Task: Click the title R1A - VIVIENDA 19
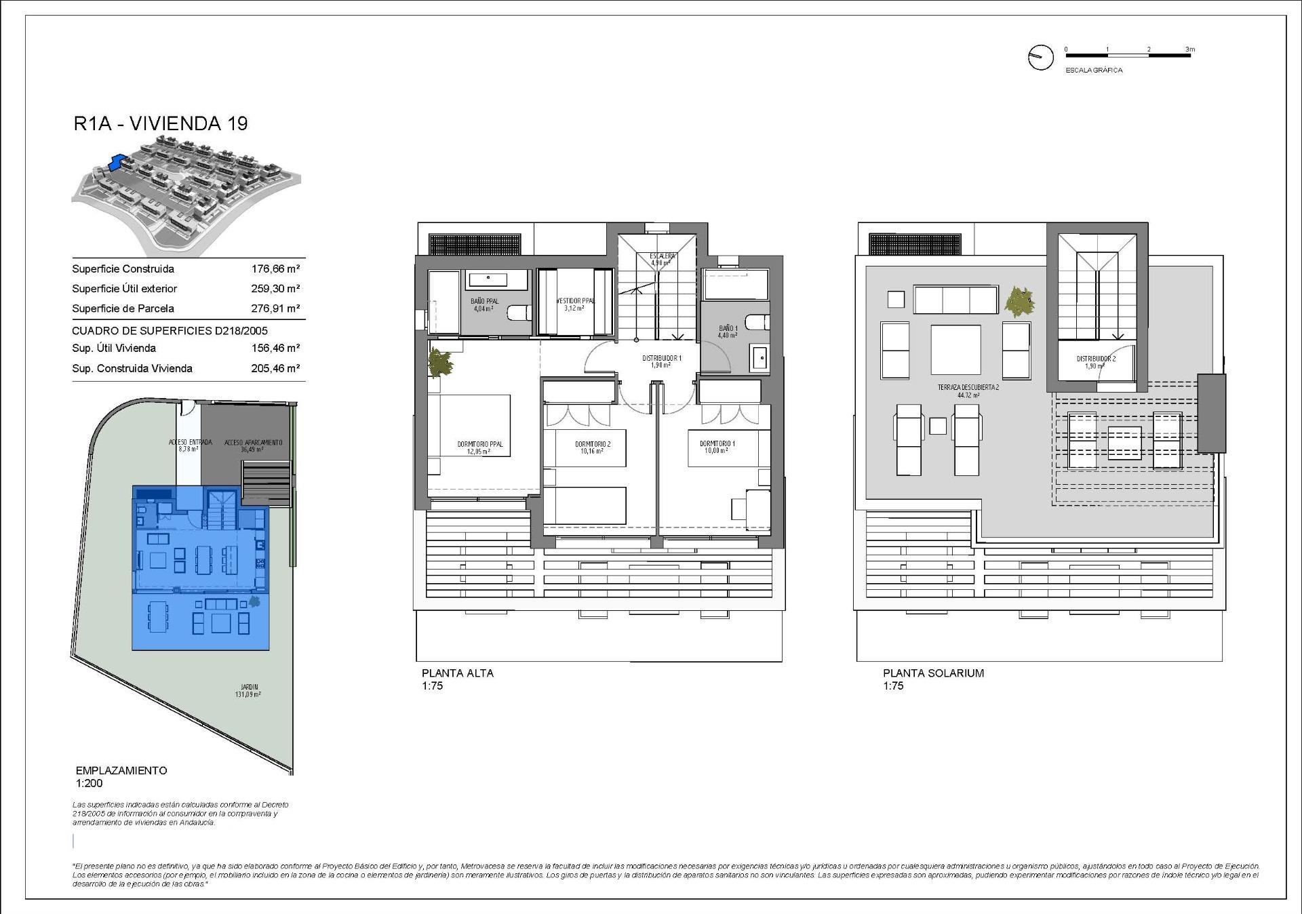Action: (161, 123)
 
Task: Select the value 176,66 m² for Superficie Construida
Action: (275, 269)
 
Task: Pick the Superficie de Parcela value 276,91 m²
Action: (275, 309)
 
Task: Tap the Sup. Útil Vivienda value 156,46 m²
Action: (275, 349)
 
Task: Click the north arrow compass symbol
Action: (1040, 58)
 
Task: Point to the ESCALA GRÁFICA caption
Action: (1094, 71)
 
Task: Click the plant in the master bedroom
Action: (441, 363)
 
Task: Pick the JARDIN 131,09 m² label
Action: (249, 690)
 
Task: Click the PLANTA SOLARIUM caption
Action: (932, 673)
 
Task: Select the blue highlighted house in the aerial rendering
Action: (118, 163)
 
